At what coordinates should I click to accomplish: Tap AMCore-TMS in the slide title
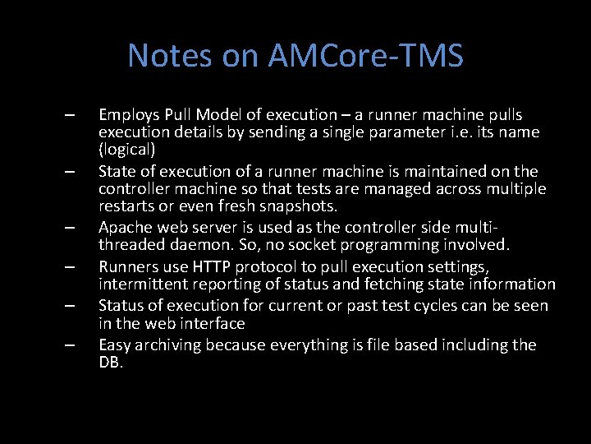point(365,56)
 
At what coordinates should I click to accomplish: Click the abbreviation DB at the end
point(110,363)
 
